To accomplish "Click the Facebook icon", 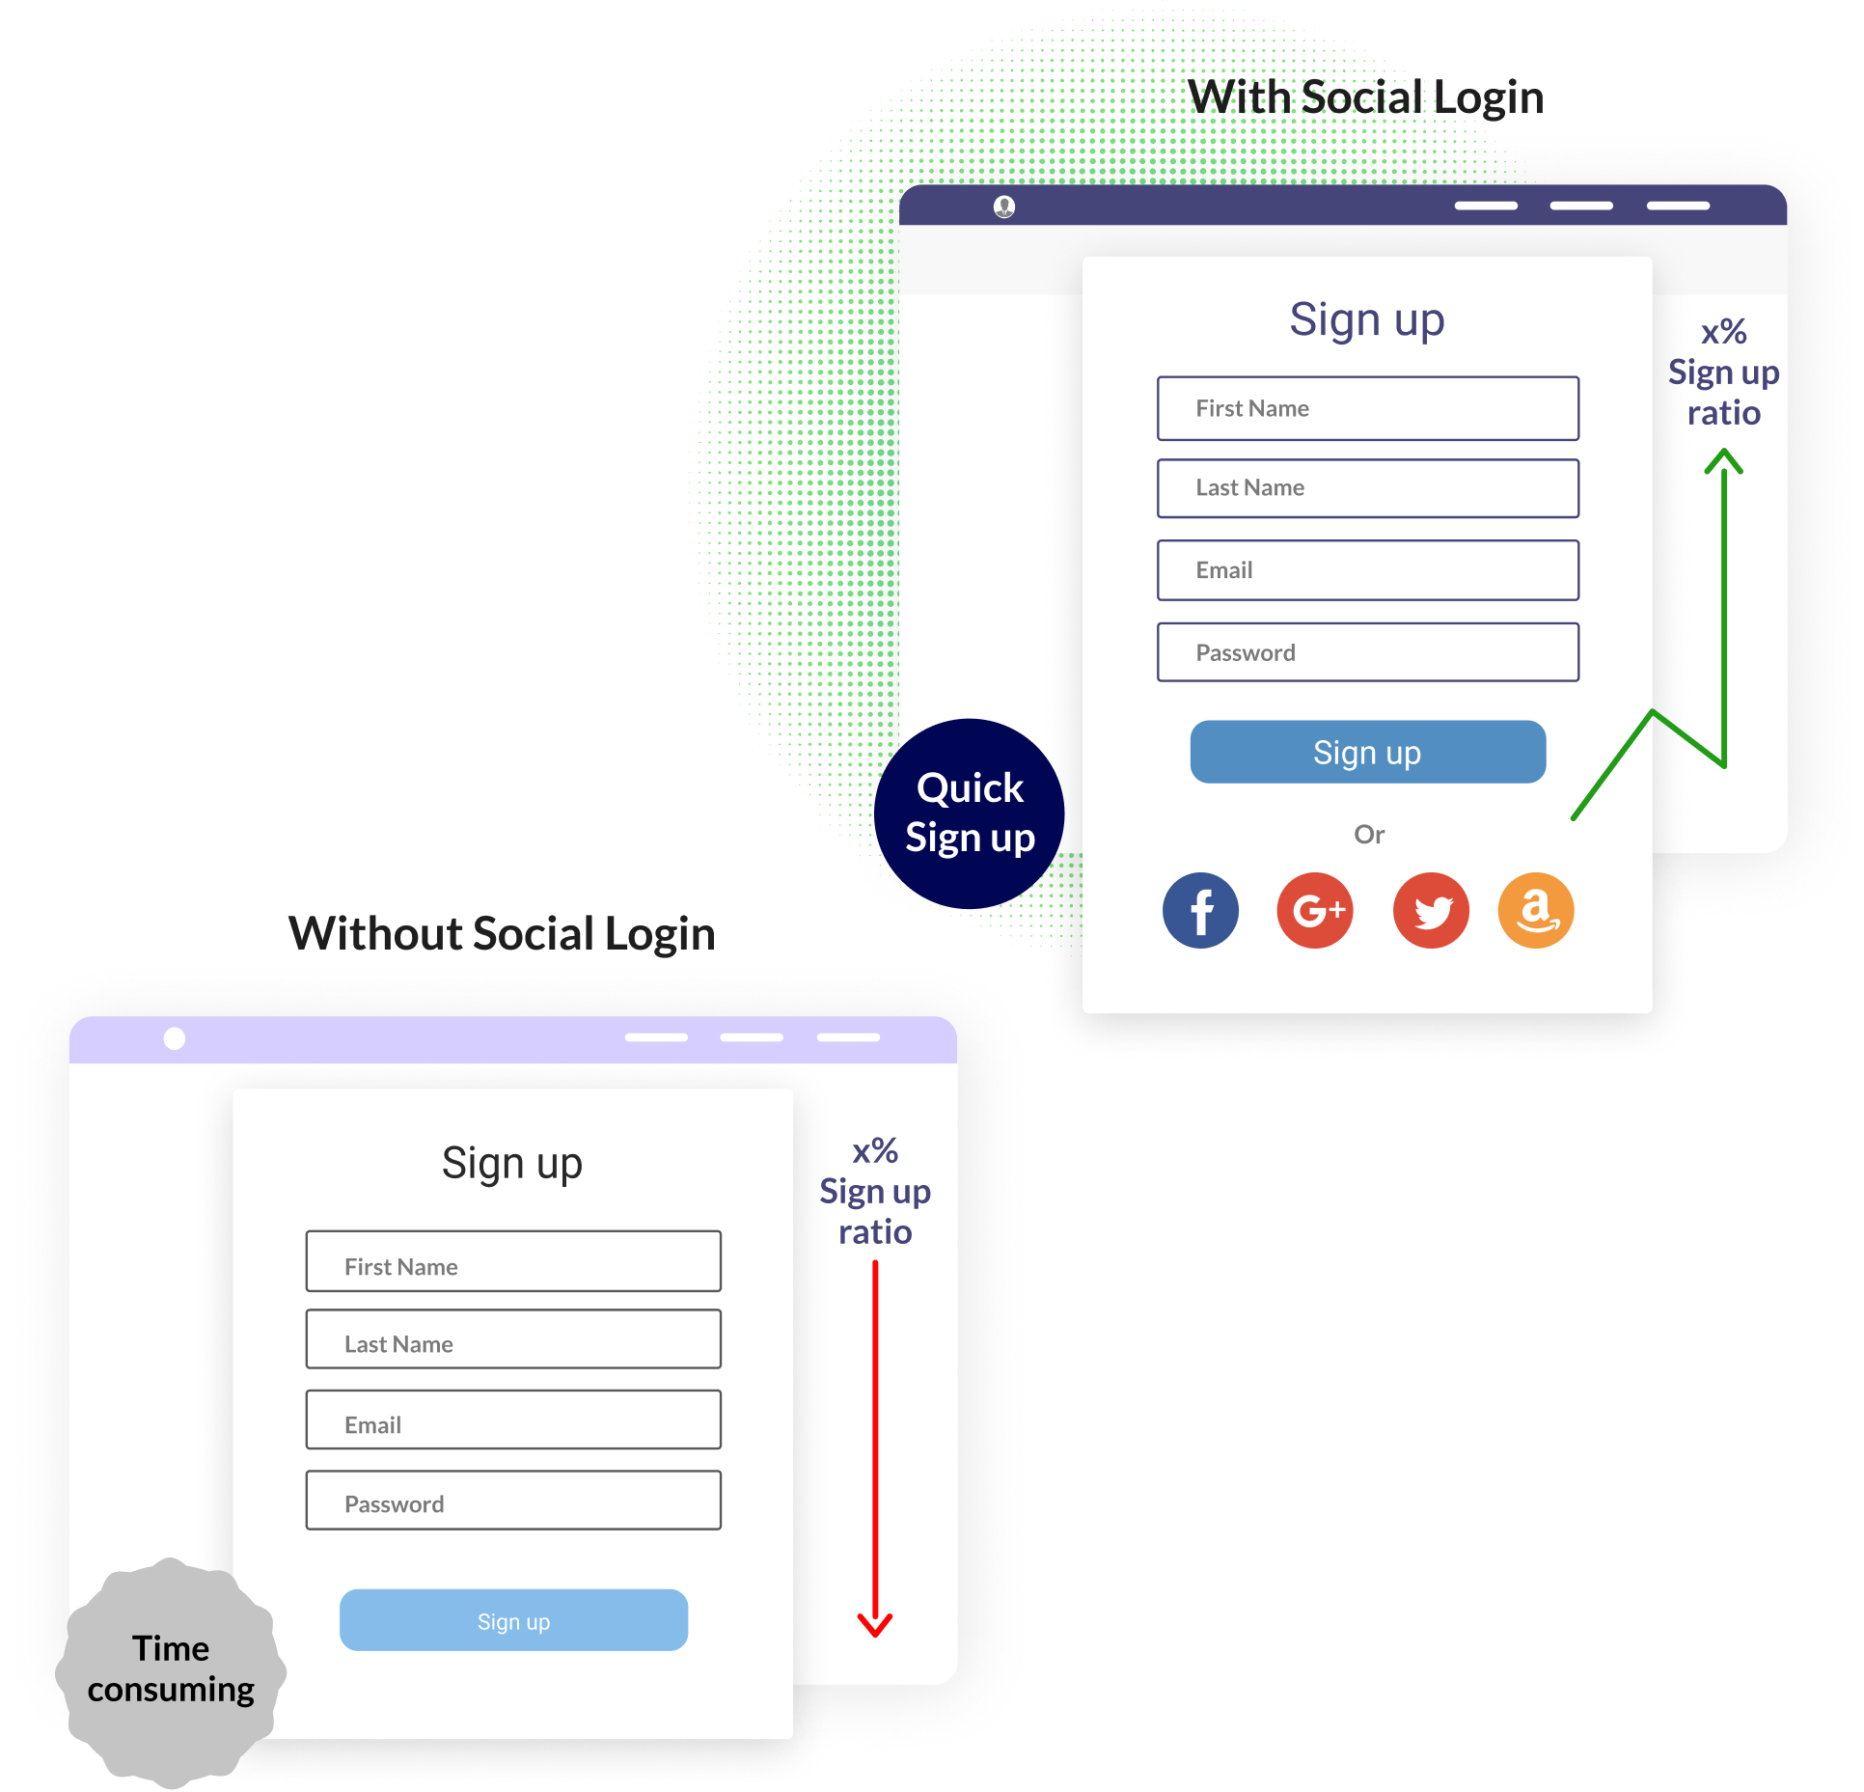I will click(x=1200, y=910).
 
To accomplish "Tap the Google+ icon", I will click(x=1315, y=910).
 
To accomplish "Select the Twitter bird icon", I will click(x=1431, y=910).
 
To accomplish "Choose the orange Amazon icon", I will click(x=1536, y=910).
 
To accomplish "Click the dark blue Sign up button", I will click(x=1367, y=752).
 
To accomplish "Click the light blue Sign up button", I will click(x=513, y=1620).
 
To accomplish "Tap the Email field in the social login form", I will click(x=1367, y=570).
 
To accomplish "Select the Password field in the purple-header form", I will click(x=1367, y=652).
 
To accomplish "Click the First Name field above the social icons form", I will click(x=1367, y=408).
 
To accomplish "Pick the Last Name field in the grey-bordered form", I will click(x=513, y=1339).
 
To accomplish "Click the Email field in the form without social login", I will click(x=513, y=1420).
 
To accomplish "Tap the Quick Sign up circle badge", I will click(x=970, y=813).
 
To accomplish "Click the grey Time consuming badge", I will click(x=171, y=1669).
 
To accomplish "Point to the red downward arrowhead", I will click(x=875, y=1626).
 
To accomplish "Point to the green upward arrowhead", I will click(x=1723, y=462).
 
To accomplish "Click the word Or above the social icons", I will click(x=1369, y=835).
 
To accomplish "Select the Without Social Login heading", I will click(x=502, y=934).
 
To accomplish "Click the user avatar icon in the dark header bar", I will click(x=1004, y=207).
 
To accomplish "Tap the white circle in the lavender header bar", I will click(x=175, y=1038).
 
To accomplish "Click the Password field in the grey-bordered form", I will click(x=513, y=1501).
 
